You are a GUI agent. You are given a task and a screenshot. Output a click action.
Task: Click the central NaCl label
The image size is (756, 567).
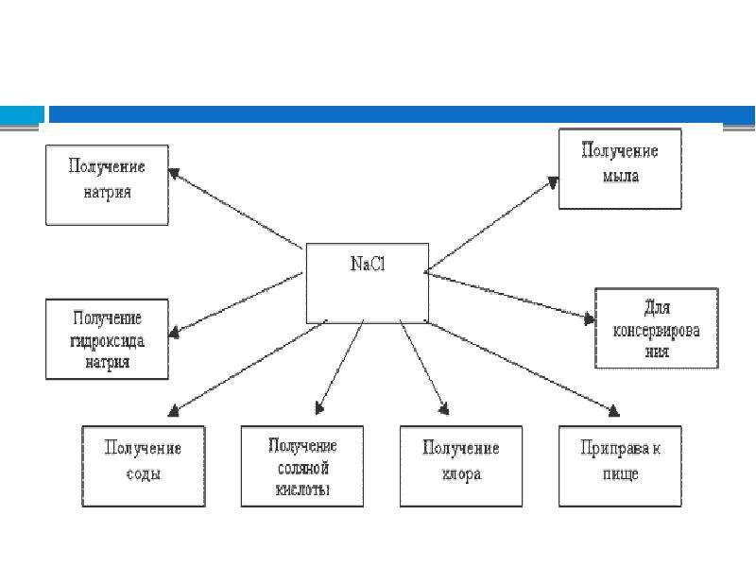click(x=368, y=264)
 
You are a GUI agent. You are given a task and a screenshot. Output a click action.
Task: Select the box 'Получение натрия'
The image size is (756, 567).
click(x=107, y=185)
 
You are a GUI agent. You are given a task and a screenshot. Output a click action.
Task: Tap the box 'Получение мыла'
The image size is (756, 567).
click(x=620, y=169)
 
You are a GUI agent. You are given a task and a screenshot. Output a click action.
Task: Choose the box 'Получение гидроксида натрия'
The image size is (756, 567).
click(x=107, y=339)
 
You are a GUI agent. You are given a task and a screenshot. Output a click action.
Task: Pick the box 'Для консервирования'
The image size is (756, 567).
click(x=657, y=328)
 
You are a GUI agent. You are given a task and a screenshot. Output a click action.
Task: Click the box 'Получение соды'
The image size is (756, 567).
click(x=144, y=466)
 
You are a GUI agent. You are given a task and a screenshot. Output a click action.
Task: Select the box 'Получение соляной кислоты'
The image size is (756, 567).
click(x=302, y=466)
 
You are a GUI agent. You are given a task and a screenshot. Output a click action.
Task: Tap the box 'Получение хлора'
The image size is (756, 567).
click(x=461, y=466)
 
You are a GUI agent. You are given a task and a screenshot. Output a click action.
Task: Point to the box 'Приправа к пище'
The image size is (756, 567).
click(x=620, y=466)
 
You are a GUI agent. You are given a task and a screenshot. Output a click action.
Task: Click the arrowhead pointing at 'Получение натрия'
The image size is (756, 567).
click(x=174, y=173)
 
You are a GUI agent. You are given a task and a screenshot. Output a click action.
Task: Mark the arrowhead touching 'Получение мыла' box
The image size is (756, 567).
click(x=554, y=182)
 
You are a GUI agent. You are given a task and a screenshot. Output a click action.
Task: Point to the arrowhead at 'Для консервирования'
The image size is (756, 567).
click(x=589, y=318)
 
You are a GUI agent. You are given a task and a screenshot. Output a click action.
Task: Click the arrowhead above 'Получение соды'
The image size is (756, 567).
click(x=174, y=410)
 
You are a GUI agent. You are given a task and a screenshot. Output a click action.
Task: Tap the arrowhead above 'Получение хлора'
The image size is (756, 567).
click(x=444, y=409)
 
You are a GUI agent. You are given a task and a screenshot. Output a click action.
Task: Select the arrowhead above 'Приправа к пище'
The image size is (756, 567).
click(x=612, y=410)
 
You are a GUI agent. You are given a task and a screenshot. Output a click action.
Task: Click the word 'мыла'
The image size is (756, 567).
click(x=621, y=176)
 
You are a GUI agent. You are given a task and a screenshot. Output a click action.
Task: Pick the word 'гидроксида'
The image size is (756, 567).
click(x=107, y=341)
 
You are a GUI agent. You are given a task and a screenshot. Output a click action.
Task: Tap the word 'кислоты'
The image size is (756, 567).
click(x=302, y=490)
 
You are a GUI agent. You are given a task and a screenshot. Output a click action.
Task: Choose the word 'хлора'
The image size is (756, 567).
click(x=461, y=474)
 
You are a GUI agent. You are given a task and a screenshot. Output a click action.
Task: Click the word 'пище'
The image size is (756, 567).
click(x=621, y=474)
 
